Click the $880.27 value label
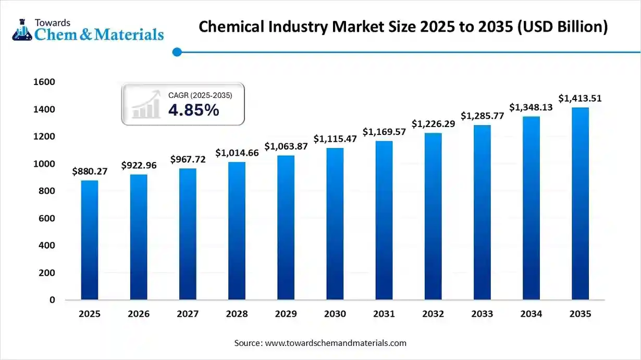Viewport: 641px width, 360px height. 89,171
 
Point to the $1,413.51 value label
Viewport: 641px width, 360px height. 580,98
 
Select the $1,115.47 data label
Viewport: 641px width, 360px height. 335,139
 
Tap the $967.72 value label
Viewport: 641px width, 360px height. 188,159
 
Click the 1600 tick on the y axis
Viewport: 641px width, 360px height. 45,82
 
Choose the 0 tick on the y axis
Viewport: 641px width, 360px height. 52,300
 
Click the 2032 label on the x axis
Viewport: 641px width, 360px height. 433,314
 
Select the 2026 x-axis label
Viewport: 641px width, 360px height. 139,314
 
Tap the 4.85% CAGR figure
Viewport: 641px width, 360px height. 193,110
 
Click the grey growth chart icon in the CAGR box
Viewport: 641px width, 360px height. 146,104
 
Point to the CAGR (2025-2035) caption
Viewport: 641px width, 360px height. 200,95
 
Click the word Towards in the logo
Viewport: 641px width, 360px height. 52,22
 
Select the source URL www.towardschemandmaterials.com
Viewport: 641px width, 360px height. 336,343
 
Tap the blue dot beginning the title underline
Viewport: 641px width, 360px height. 177,52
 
